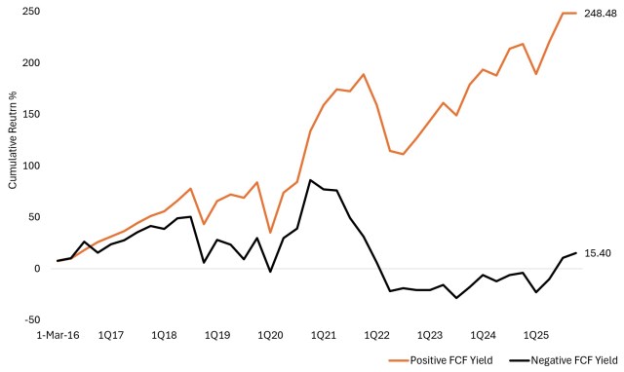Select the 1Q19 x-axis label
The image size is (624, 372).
[x=215, y=334]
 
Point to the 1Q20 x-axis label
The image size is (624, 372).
[x=269, y=334]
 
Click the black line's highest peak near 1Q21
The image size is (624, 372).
[x=310, y=180]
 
